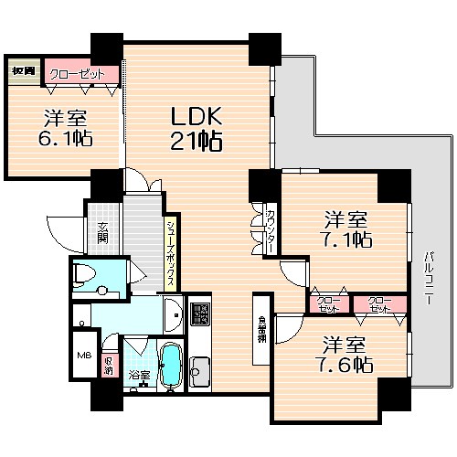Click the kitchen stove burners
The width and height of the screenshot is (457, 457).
(199, 316)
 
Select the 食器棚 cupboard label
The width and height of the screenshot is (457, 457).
(261, 326)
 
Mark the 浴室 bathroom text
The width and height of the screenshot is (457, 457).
(140, 374)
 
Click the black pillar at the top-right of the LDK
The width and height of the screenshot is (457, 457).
(264, 47)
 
